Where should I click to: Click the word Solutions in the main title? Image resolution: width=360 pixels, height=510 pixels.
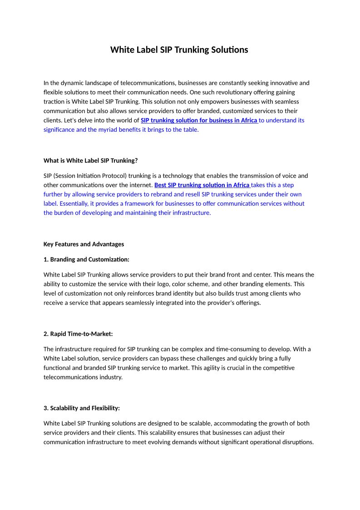230,50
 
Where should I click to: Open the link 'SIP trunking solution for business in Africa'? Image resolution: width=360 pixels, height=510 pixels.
199,120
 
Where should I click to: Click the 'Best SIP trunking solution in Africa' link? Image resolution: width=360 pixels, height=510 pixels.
202,185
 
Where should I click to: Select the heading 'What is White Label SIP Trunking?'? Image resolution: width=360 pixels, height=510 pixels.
90,160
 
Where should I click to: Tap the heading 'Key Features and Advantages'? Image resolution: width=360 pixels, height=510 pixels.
84,244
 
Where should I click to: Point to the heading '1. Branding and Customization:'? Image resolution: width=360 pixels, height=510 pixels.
86,260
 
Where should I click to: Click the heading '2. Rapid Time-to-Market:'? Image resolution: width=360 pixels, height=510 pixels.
78,334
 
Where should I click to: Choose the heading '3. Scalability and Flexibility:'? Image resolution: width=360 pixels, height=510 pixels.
82,408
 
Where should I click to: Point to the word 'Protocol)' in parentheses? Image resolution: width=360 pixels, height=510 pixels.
115,176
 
